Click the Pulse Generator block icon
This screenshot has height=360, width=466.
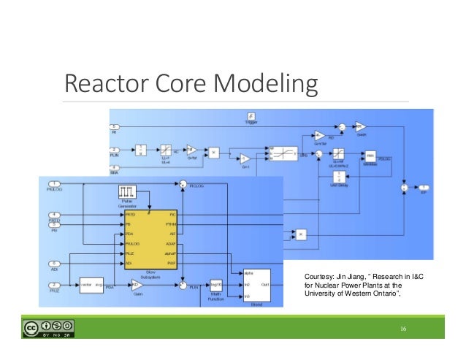click(128, 193)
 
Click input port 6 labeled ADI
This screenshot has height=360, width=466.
click(54, 264)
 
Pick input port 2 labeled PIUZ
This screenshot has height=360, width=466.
click(54, 285)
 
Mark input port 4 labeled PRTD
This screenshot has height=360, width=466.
click(54, 214)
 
